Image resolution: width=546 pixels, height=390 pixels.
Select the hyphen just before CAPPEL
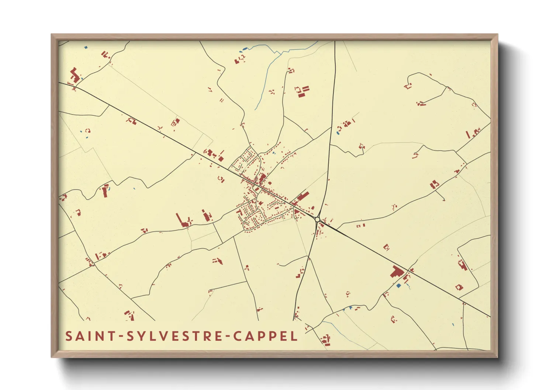coord(226,337)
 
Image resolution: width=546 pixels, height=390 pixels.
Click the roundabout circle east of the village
coord(317,219)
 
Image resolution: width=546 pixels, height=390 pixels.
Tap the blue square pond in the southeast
coord(398,286)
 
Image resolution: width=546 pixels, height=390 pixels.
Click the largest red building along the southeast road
coord(396,272)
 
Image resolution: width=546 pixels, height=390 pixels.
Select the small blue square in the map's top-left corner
coord(86,47)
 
